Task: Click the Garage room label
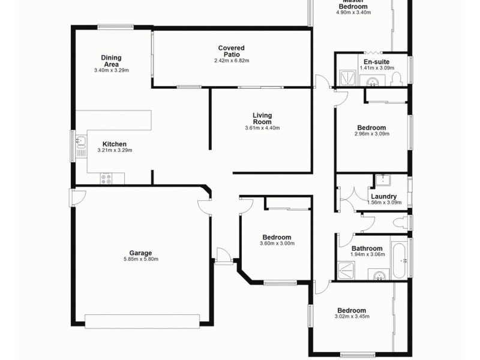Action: point(141,253)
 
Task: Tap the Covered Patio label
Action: point(231,51)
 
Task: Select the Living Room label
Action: point(262,118)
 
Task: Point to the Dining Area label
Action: point(111,61)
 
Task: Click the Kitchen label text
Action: point(114,144)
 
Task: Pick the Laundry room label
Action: point(383,196)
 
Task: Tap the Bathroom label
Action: point(367,248)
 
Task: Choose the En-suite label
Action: point(377,61)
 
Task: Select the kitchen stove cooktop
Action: point(106,178)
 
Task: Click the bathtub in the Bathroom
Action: point(399,259)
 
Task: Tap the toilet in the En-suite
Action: point(397,79)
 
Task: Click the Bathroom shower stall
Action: point(346,271)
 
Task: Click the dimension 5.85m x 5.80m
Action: point(141,259)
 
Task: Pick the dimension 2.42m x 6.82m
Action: point(231,61)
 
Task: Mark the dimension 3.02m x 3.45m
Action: point(352,317)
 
